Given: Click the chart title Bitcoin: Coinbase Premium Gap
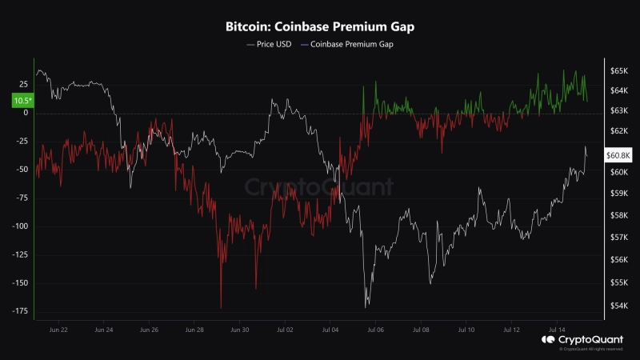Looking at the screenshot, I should [x=319, y=26].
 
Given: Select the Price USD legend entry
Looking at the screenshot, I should [x=271, y=45].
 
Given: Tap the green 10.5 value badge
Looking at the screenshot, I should [x=21, y=101].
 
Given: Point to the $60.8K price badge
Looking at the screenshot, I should [x=619, y=154].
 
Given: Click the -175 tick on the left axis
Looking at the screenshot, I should [x=18, y=311].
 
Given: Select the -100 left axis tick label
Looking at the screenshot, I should [x=18, y=226].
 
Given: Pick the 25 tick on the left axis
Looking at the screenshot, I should [x=22, y=84].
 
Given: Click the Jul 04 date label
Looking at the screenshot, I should [x=331, y=329].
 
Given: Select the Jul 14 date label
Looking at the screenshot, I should [x=558, y=329].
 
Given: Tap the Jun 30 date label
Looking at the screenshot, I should [x=240, y=329].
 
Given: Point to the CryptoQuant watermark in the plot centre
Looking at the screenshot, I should [x=319, y=187].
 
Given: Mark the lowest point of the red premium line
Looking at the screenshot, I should [x=221, y=308].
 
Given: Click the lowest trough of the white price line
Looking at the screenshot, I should [x=366, y=307].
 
